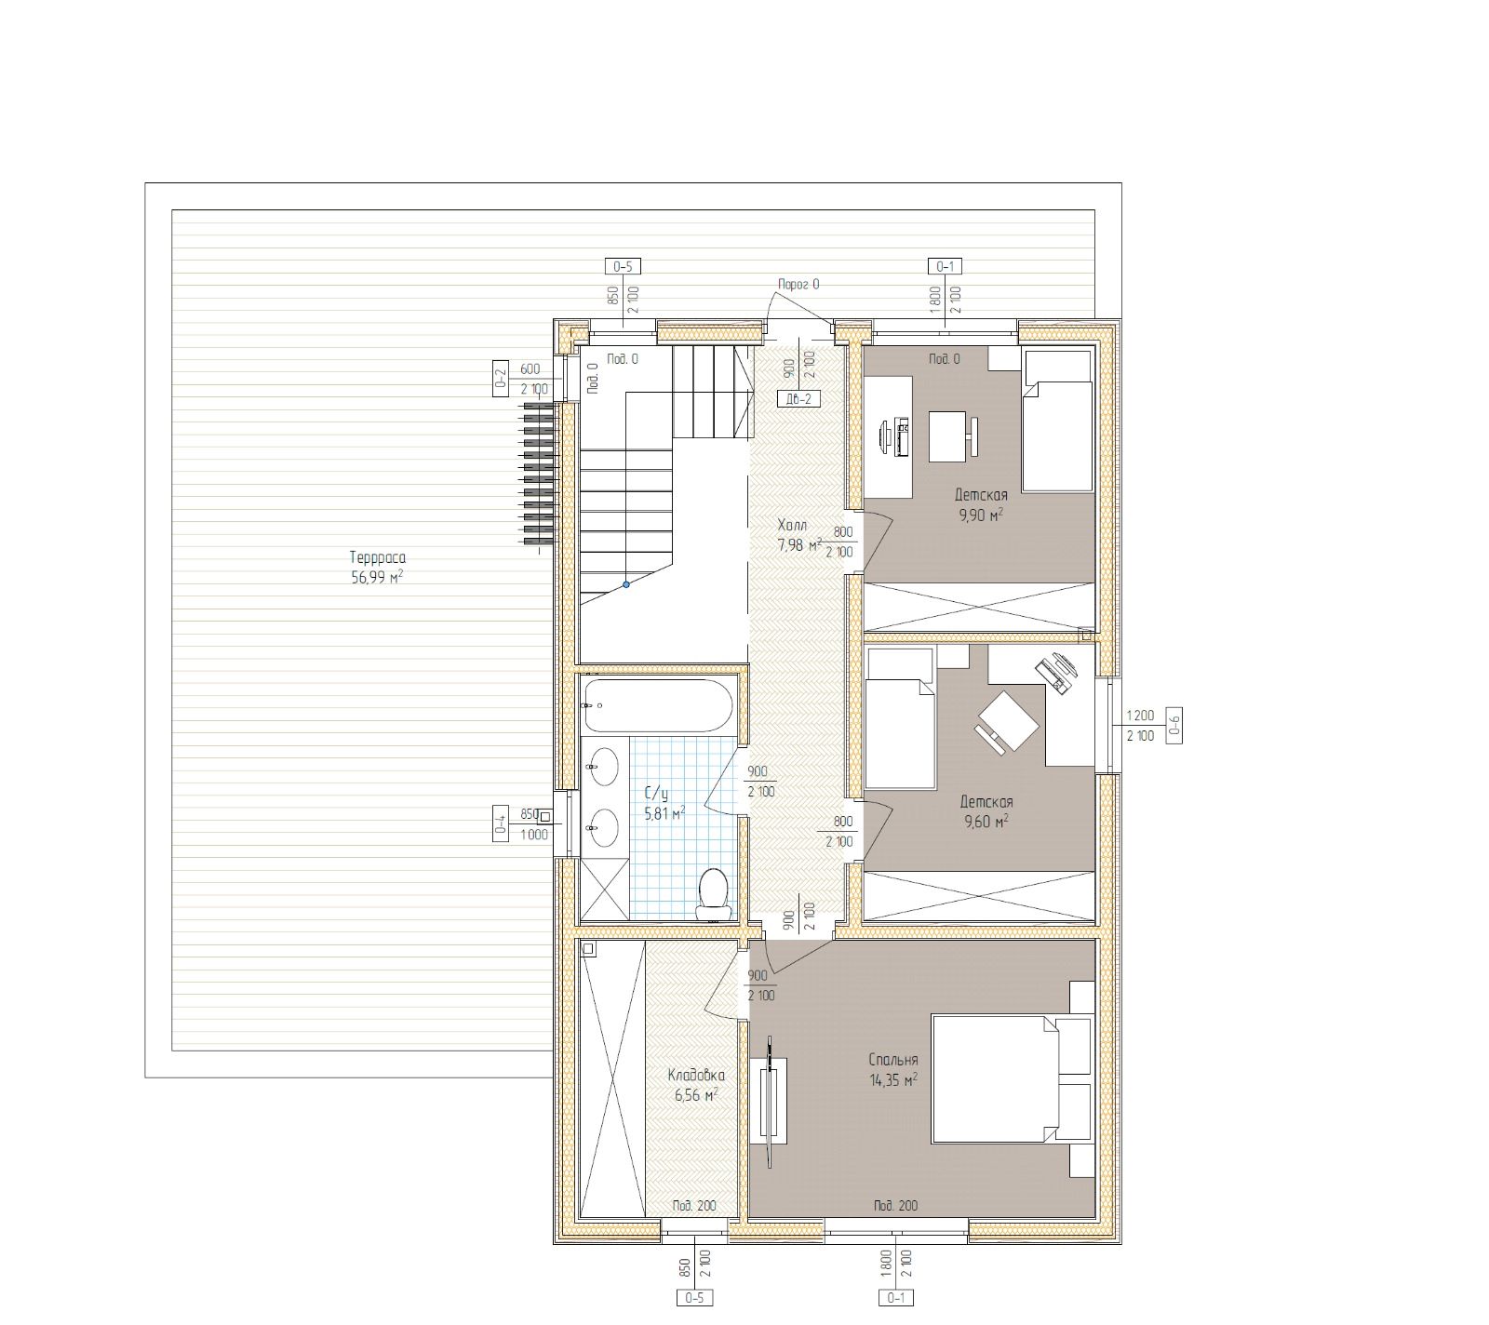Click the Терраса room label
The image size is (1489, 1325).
(x=378, y=558)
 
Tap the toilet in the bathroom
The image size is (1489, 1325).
(x=714, y=890)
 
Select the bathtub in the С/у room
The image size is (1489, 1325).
(x=659, y=705)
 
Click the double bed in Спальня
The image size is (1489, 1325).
(x=996, y=1079)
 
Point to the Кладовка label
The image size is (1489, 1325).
(x=696, y=1076)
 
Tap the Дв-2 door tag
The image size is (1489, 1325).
(x=798, y=399)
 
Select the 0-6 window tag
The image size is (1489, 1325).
(x=1174, y=725)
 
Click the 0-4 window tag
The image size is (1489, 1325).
(x=501, y=823)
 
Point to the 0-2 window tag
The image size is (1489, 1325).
(x=501, y=379)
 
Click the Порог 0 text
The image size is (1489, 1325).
(x=798, y=285)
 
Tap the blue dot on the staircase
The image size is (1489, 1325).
(x=626, y=585)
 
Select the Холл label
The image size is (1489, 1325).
(x=792, y=527)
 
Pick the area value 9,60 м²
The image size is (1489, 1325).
(x=986, y=822)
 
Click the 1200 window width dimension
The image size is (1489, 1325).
(x=1140, y=716)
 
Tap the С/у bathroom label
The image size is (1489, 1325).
(x=656, y=794)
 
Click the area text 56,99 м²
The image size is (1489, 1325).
(x=378, y=578)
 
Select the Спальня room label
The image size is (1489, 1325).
(x=893, y=1060)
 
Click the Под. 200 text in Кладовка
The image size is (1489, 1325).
(x=693, y=1206)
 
